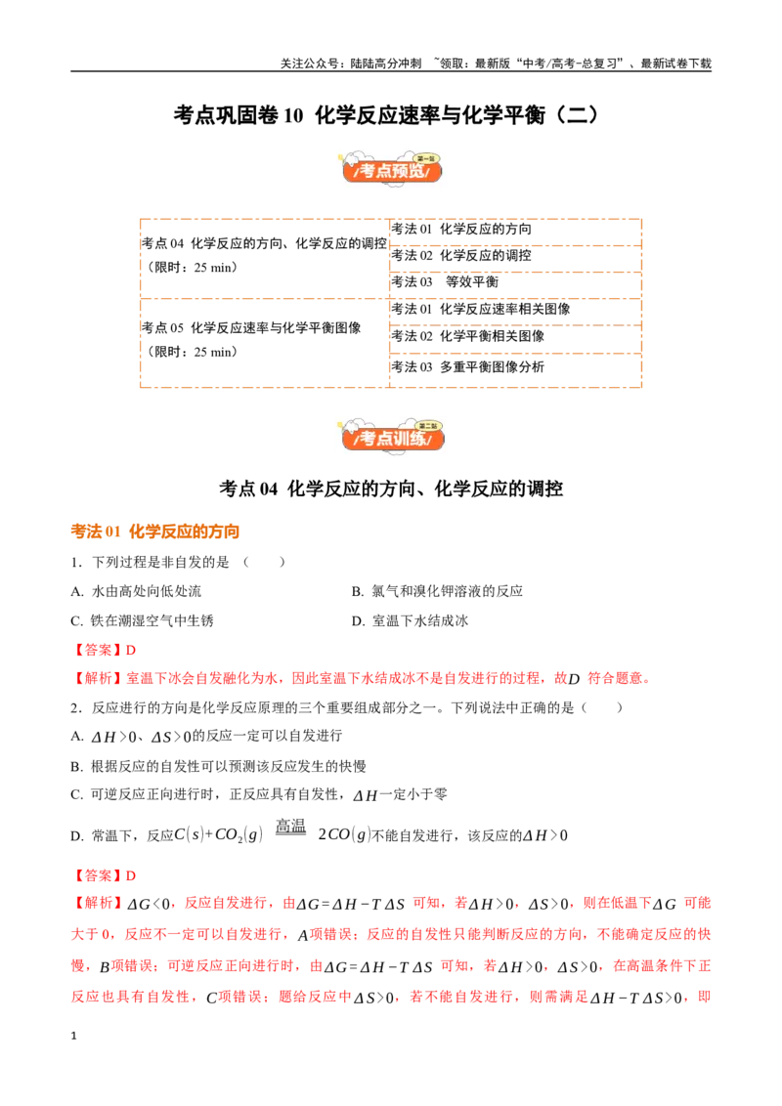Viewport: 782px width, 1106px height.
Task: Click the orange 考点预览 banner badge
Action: coord(392,168)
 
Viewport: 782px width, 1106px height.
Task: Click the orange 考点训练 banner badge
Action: coord(392,435)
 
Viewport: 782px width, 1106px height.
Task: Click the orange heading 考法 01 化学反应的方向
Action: coord(154,532)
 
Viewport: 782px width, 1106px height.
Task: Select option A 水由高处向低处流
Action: coord(136,591)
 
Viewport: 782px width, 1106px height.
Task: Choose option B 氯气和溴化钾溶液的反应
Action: coord(437,591)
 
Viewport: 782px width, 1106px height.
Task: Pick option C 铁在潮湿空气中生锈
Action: coord(142,620)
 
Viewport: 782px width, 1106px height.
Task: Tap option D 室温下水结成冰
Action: coord(410,620)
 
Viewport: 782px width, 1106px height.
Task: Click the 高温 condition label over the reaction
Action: coord(290,826)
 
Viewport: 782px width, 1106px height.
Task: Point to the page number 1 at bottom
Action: coord(73,1036)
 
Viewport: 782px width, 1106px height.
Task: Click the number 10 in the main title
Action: coord(293,115)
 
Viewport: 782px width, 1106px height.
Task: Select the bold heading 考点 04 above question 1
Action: coord(248,489)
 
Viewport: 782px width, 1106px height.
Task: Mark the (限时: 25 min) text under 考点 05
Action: coord(190,352)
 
